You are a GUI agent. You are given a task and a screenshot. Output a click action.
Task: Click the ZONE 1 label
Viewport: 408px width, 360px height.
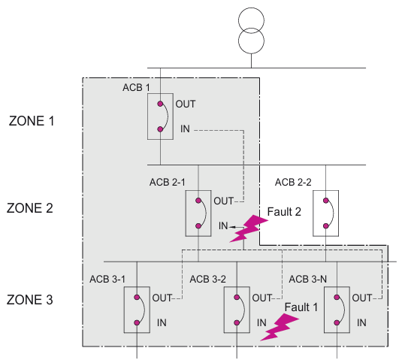pos(32,121)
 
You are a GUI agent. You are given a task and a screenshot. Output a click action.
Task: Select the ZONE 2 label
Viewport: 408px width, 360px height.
pos(29,208)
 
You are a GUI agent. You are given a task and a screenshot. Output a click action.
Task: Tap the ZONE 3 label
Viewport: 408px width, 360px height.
pos(29,300)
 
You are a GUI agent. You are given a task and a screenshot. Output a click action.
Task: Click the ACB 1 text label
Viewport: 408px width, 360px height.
pos(136,87)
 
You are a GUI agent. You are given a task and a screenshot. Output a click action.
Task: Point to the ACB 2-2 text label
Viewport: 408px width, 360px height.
pos(293,182)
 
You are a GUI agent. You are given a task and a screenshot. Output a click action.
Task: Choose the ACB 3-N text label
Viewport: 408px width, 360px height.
pos(307,279)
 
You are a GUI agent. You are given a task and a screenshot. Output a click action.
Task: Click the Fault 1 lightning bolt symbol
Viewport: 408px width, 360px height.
pos(279,327)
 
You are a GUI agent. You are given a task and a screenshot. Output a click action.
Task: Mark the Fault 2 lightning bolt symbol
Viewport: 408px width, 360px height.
pos(249,228)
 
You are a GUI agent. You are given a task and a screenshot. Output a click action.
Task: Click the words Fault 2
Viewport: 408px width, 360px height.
pos(284,212)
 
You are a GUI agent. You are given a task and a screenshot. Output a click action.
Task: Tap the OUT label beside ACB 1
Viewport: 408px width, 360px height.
pos(186,104)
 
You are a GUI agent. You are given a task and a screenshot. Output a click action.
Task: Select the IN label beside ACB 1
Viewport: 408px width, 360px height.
pos(185,129)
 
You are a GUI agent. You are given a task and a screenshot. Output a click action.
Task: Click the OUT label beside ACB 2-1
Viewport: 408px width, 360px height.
pos(223,201)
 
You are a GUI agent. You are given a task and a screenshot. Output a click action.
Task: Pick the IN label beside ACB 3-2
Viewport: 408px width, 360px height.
pos(261,322)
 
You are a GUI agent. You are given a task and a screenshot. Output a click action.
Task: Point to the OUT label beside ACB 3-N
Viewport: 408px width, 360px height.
pos(362,298)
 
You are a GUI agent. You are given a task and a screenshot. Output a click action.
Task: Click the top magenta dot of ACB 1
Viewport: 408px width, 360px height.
pos(160,104)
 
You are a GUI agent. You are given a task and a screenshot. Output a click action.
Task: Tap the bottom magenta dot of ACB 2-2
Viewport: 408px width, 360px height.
pos(326,226)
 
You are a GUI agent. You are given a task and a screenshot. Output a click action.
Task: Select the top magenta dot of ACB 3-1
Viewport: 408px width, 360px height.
pos(137,298)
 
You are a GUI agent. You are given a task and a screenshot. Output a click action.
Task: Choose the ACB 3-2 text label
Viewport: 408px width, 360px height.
pos(207,279)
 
